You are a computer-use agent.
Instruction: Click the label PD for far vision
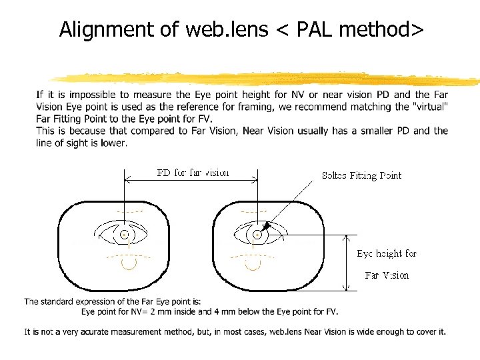(193, 173)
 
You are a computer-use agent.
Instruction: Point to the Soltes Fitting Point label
(361, 175)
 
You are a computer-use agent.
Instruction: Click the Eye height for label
(386, 253)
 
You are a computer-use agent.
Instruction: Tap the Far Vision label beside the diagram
(387, 275)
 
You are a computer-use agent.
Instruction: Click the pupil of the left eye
(125, 234)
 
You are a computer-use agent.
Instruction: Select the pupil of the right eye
(257, 234)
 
